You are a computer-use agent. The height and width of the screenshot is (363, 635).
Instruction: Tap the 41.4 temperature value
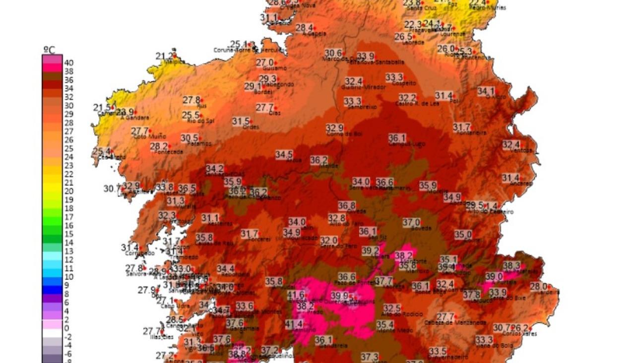(294, 324)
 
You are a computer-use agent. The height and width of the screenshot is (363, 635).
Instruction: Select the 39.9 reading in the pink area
(339, 296)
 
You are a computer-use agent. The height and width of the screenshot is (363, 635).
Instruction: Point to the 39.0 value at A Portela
(494, 276)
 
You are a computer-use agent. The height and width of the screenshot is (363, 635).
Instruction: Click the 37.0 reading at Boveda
(411, 222)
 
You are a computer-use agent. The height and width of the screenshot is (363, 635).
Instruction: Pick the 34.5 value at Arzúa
(284, 155)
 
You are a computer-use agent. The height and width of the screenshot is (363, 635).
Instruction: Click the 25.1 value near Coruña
(239, 44)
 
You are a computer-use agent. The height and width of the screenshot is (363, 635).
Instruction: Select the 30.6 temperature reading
(333, 53)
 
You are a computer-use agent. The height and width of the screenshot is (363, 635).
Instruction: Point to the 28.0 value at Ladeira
(538, 286)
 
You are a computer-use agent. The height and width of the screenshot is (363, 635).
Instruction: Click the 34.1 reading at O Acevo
(486, 91)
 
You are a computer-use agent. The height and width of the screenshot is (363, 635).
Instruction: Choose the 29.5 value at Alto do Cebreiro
(474, 205)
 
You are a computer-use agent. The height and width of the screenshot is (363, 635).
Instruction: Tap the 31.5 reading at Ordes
(241, 121)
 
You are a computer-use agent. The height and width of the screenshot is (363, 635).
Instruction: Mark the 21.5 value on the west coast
(102, 108)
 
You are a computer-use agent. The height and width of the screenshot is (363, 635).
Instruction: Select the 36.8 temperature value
(346, 205)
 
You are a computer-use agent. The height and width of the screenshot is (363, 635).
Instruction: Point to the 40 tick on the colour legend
(69, 63)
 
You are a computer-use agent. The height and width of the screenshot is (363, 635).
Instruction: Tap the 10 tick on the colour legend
(69, 276)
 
